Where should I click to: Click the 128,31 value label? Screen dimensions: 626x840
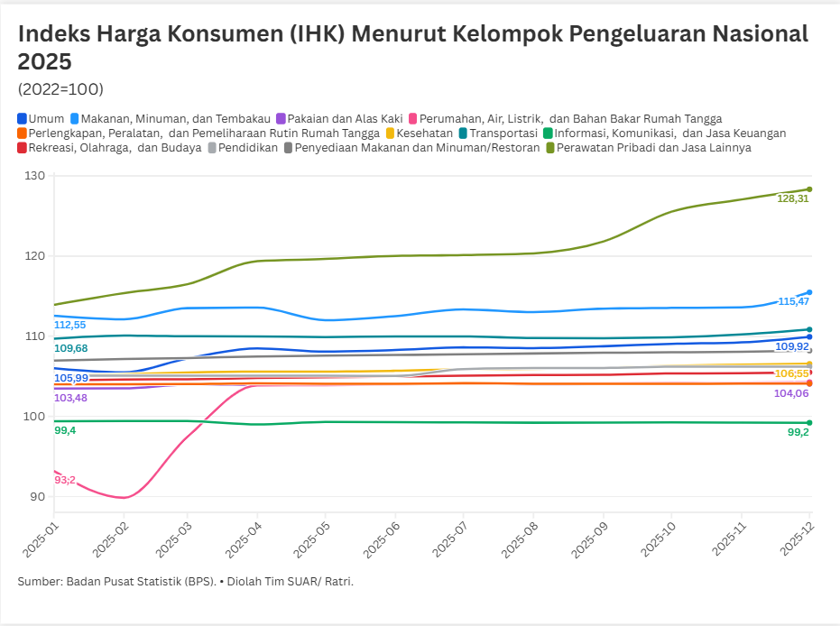(792, 198)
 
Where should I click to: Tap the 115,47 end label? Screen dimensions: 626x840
(793, 301)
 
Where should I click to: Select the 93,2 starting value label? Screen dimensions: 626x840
(65, 480)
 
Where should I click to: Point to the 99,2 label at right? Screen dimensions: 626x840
(798, 432)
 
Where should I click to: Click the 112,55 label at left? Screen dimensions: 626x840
(70, 325)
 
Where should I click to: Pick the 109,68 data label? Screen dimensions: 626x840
(70, 348)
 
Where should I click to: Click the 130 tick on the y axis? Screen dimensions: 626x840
(35, 176)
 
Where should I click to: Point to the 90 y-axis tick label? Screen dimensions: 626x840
(38, 497)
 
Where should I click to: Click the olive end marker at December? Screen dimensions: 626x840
(809, 189)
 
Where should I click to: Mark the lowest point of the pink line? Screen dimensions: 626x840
(124, 498)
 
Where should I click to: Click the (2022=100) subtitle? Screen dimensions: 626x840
(60, 89)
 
